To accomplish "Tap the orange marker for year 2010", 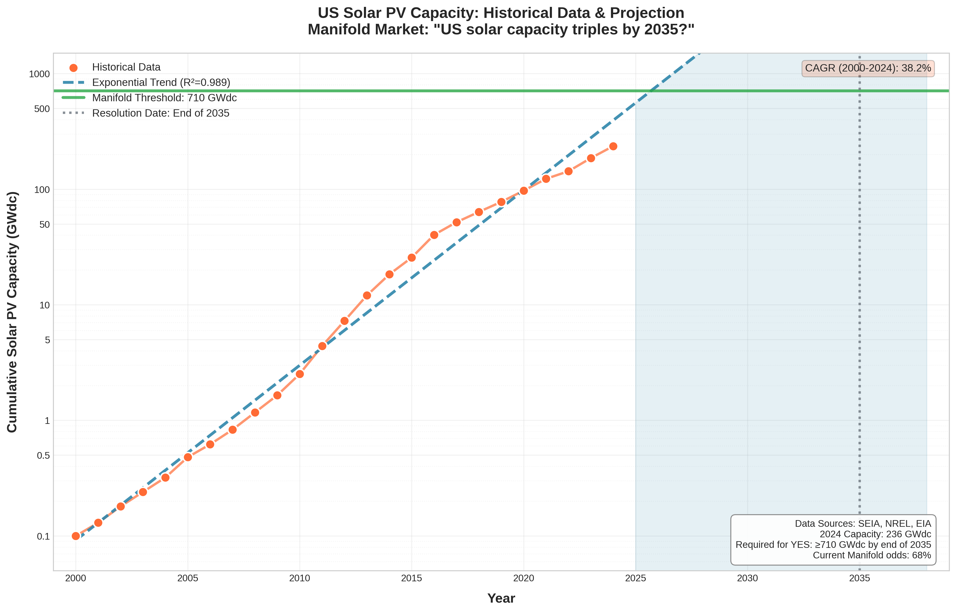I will [x=300, y=374].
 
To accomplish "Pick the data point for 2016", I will [x=434, y=235].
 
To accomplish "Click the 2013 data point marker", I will [x=367, y=295].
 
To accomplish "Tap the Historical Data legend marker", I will [x=73, y=68].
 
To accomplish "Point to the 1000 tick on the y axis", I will [x=39, y=74].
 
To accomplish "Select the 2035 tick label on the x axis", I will [x=859, y=579].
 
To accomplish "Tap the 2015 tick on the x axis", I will [x=412, y=579].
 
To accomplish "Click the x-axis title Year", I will [x=501, y=598].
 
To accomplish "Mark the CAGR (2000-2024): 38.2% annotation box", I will [x=868, y=68].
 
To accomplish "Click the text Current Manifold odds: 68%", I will [x=872, y=555].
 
